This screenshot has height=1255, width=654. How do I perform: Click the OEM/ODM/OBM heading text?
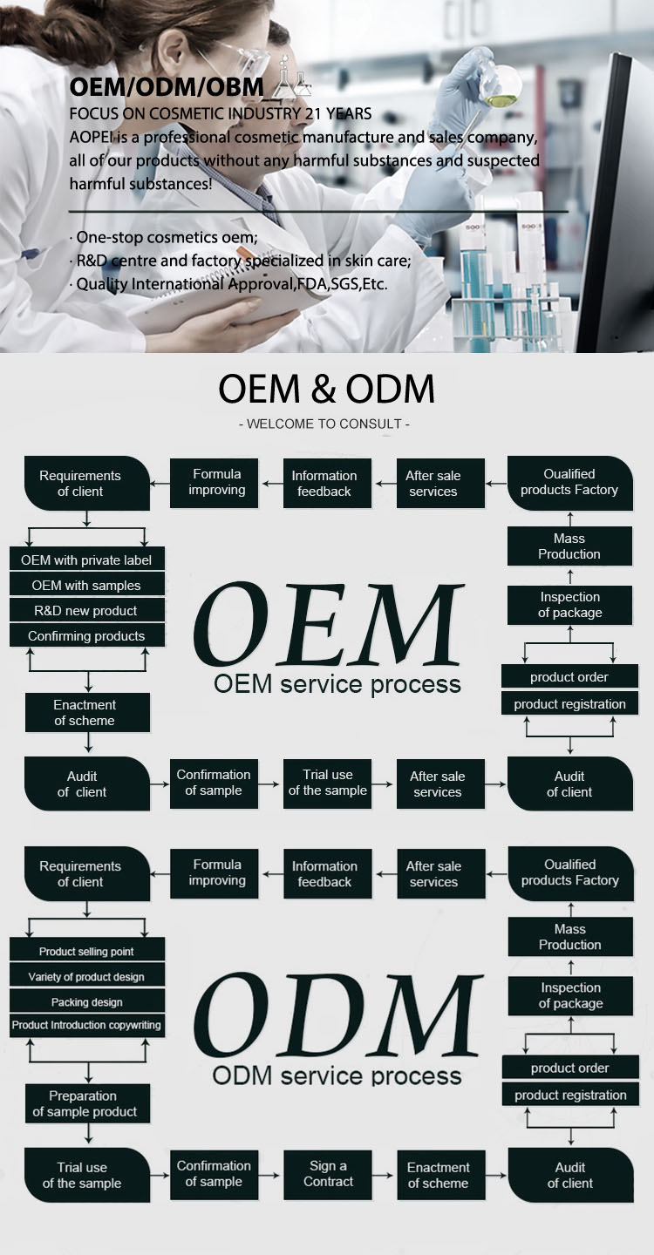coord(167,87)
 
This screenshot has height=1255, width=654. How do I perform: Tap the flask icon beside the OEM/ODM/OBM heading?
coord(293,81)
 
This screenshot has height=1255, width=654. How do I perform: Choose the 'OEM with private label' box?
coord(86,560)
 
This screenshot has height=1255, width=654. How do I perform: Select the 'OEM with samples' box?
coord(86,586)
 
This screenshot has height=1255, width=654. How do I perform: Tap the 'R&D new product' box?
coord(86,611)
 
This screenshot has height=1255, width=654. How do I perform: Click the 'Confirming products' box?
coord(86,636)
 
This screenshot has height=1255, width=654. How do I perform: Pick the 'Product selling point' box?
coord(86,952)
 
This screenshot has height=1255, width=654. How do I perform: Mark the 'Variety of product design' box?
coord(86,977)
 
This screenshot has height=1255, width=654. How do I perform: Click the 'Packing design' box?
coord(86,1002)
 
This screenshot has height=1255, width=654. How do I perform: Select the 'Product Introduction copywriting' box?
coord(86,1026)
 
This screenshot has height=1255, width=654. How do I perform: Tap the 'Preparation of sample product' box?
coord(86,1103)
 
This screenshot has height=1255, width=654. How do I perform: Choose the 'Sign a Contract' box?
coord(329,1174)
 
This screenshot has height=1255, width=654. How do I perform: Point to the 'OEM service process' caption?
coord(337,685)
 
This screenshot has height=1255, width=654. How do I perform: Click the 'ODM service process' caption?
coord(337,1075)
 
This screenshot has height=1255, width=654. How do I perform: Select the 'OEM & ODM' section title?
coord(326,390)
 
